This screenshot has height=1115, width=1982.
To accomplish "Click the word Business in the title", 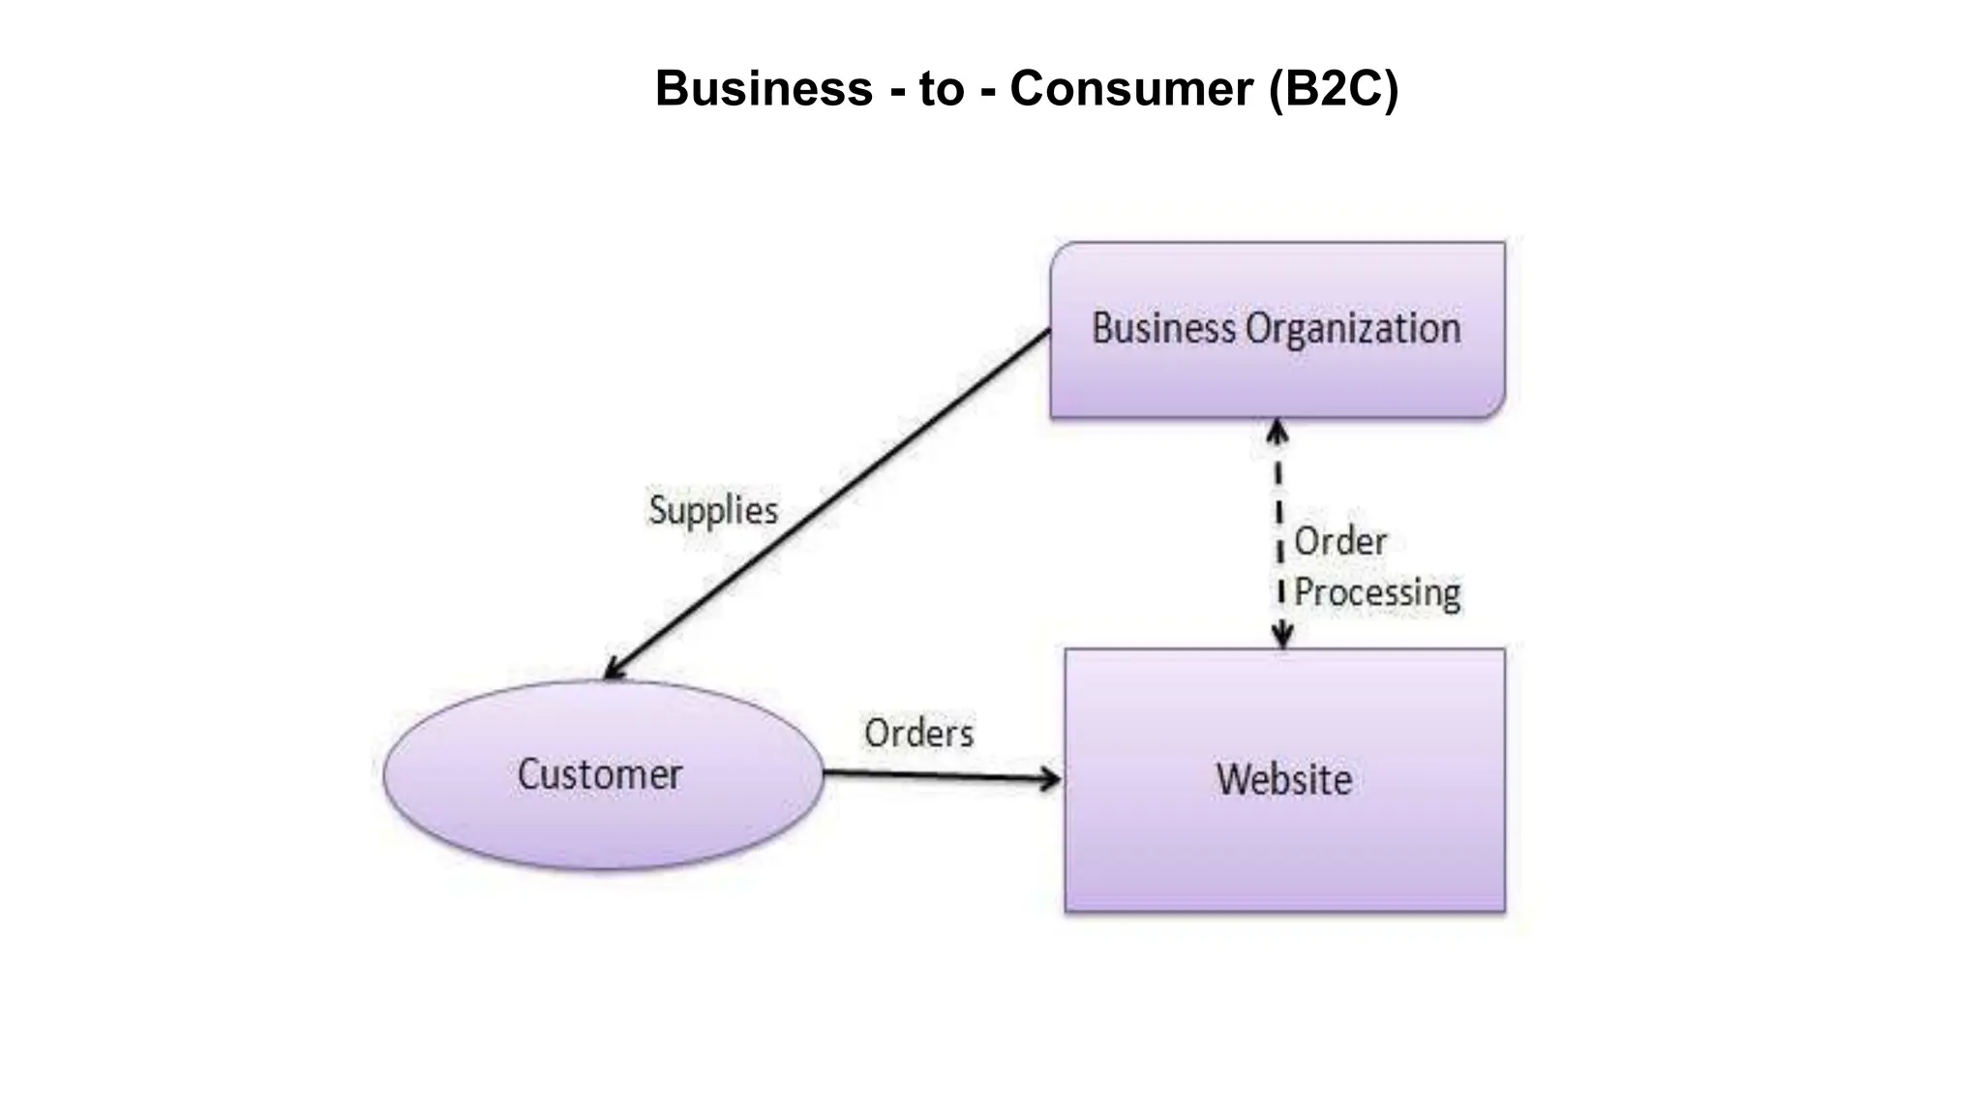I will [764, 88].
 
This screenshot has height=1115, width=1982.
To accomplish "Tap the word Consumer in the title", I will [1130, 88].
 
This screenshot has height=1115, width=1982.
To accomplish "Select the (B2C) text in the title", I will [1334, 89].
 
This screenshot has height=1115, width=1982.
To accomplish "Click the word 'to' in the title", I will [941, 88].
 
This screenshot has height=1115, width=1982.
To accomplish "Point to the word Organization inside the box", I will [1353, 329].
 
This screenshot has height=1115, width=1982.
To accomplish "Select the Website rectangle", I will [1284, 852].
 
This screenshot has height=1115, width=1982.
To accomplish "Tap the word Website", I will [1284, 779].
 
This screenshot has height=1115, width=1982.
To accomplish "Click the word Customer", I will [600, 774].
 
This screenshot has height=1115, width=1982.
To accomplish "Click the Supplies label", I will [713, 510].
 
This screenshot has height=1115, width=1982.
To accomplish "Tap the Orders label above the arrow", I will [918, 733].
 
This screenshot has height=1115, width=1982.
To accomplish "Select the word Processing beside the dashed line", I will [1377, 592].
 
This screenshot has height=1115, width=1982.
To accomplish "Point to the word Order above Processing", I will [1340, 541].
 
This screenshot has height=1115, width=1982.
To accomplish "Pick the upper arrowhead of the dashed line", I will [1277, 431].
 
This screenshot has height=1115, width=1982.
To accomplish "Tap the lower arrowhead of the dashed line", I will [1282, 637].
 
